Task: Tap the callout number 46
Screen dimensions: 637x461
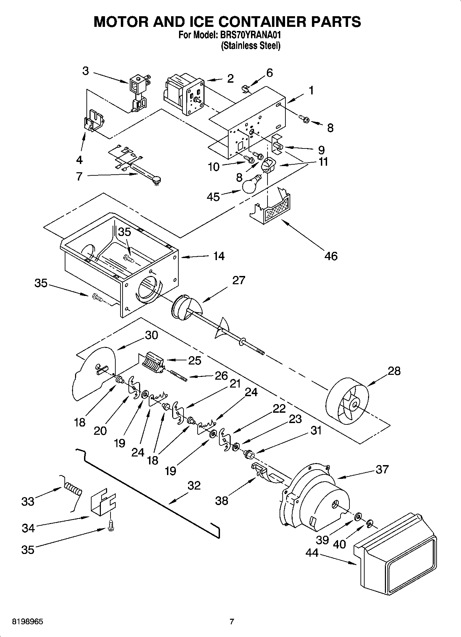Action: [331, 256]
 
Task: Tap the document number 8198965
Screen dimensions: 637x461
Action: [28, 622]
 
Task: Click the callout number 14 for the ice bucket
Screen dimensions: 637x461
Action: [219, 256]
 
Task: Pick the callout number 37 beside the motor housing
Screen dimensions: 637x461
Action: [382, 469]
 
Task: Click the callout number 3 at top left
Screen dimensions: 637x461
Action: [85, 71]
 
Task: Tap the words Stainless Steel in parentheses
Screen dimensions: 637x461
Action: [250, 45]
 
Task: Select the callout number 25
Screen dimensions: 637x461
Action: [195, 360]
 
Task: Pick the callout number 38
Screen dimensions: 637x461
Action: [221, 501]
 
